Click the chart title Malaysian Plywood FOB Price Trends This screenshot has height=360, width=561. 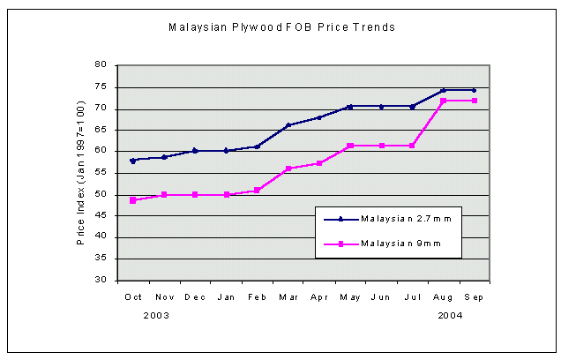(x=281, y=27)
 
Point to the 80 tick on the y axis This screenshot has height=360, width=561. (x=101, y=65)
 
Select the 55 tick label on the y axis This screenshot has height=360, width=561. (x=101, y=173)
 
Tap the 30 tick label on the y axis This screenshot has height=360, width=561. (x=101, y=281)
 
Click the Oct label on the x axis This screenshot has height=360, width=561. (x=133, y=297)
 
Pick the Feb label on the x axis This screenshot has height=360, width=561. (x=257, y=297)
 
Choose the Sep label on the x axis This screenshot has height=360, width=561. (x=474, y=297)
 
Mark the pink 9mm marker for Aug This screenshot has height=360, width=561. (x=443, y=101)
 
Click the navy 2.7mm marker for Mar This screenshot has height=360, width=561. (x=288, y=125)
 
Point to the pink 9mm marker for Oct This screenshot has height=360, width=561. (x=133, y=200)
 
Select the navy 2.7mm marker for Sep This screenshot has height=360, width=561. (x=474, y=90)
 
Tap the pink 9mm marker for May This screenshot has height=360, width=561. (x=350, y=146)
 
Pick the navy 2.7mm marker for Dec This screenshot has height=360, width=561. (x=195, y=150)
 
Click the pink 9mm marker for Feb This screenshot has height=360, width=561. (x=257, y=190)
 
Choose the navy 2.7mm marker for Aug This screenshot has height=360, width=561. (x=443, y=90)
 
